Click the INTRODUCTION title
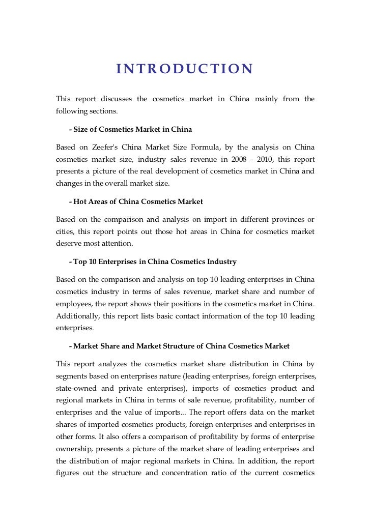(184, 69)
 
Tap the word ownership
(75, 449)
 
